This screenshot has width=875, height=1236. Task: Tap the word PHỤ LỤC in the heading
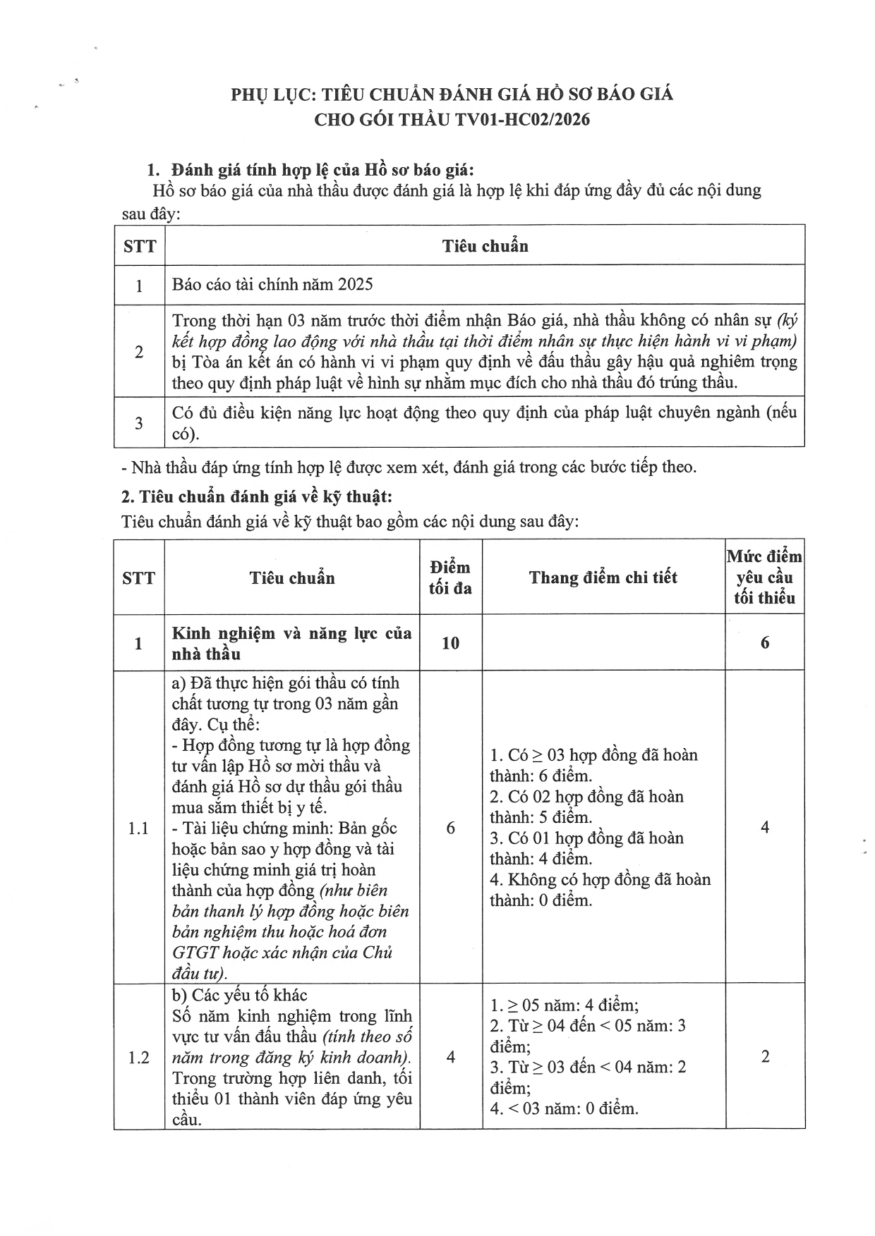coord(272,94)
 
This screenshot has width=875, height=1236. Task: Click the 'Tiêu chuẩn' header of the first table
coord(485,245)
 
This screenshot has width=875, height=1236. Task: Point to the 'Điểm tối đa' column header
coord(450,577)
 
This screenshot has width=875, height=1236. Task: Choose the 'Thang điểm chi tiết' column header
coord(603,577)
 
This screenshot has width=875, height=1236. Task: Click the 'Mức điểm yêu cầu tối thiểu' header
coord(764,577)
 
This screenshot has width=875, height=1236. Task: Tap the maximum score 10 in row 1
coord(450,642)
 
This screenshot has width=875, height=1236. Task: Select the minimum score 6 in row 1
coord(765,642)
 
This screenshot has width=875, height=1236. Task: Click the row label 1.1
coord(139,828)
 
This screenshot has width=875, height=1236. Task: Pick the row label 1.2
coord(139,1057)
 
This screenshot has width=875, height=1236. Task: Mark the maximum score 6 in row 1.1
coord(450,828)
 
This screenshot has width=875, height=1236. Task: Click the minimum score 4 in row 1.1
coord(765,828)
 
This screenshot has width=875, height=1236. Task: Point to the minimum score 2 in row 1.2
coord(765,1057)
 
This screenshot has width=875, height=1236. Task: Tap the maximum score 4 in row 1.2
coord(450,1057)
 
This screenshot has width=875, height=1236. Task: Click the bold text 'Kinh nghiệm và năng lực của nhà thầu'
coord(291,643)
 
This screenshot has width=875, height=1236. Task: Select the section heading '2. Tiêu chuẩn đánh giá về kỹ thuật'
coord(256,496)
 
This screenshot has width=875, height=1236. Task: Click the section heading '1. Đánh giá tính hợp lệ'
coord(310,170)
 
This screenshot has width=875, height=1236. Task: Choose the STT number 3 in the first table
coord(139,422)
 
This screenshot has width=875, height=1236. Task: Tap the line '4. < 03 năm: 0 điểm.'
coord(564,1108)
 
